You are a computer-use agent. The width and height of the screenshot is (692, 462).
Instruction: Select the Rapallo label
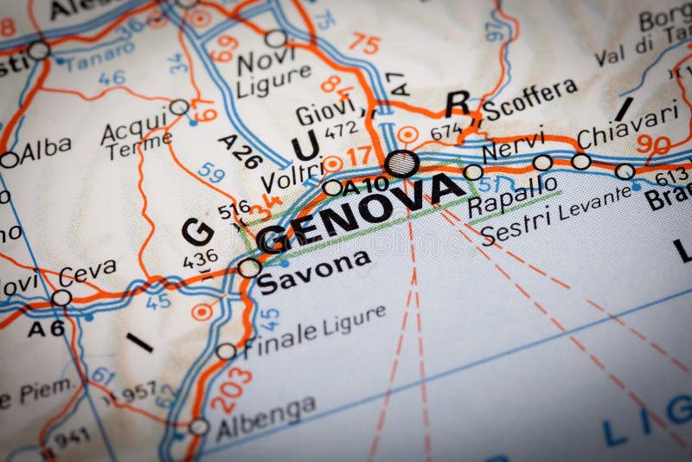click(511, 196)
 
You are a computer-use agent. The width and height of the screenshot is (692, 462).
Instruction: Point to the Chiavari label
click(627, 125)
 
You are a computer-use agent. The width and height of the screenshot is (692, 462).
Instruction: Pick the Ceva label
click(87, 273)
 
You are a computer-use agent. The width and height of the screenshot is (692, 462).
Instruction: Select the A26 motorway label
click(240, 149)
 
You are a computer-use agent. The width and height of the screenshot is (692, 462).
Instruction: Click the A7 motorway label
click(397, 83)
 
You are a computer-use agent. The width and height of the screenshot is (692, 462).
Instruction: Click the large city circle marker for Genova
click(402, 163)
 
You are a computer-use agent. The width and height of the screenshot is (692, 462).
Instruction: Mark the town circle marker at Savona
click(249, 267)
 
